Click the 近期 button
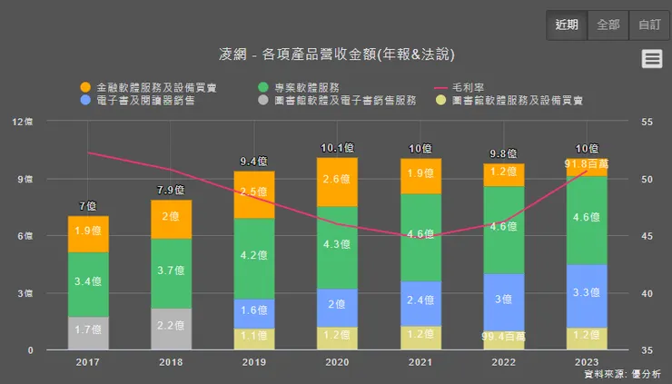tap(567, 25)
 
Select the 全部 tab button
tap(608, 25)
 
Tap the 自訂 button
tap(650, 25)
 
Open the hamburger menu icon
tap(651, 59)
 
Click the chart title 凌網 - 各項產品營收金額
tap(336, 54)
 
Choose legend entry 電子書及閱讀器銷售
tap(136, 100)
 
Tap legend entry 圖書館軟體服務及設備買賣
tap(509, 100)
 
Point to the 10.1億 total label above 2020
tap(338, 148)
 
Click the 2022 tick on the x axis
tap(504, 361)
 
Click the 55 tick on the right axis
tap(646, 122)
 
